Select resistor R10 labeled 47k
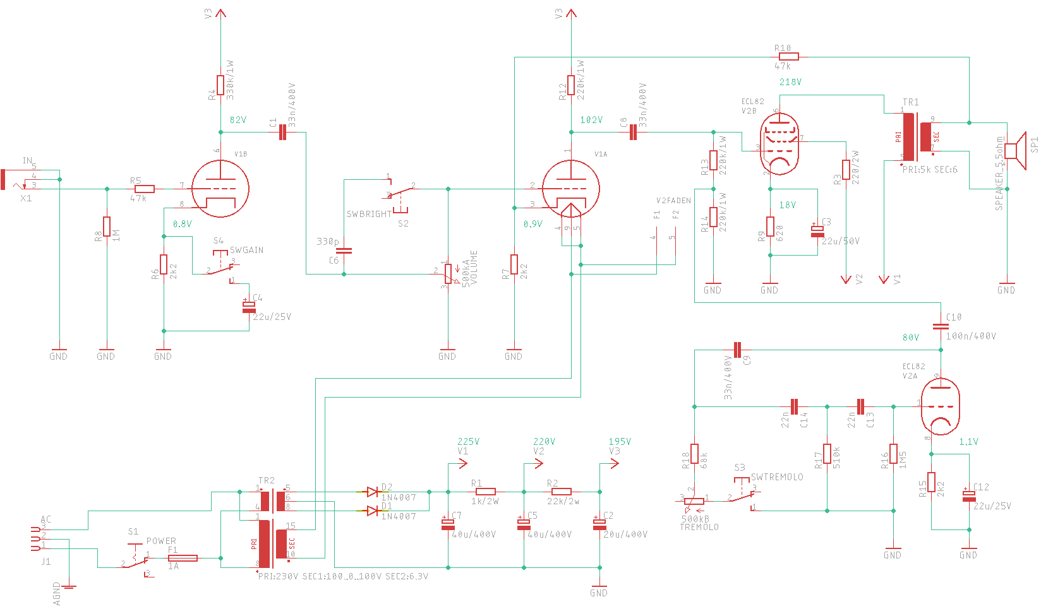pos(788,57)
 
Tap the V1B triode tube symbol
pos(220,188)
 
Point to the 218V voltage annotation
pos(790,82)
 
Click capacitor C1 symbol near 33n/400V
pos(282,133)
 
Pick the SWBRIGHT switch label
pos(369,214)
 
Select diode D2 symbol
pos(373,492)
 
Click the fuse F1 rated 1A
pos(183,558)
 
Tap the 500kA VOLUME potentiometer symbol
pos(448,274)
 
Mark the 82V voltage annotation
pos(238,120)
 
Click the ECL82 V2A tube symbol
pos(941,407)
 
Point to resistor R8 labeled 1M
pos(107,227)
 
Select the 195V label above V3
pos(620,442)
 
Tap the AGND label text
pos(57,594)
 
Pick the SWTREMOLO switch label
pos(777,477)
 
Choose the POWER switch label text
pos(161,541)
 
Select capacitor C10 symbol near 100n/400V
pos(941,326)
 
